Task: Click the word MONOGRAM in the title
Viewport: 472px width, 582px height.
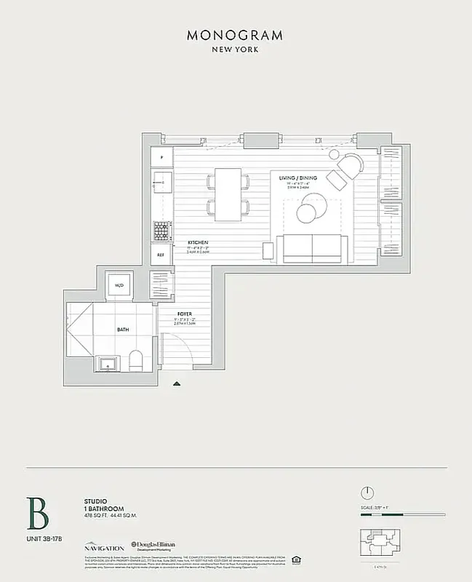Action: click(236, 35)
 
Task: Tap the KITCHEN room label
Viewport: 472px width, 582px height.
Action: click(198, 242)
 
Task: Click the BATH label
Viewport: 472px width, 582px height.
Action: click(123, 330)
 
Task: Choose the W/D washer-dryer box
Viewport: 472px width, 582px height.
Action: click(119, 286)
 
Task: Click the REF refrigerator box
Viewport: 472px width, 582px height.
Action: click(161, 255)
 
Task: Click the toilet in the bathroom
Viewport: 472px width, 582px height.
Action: click(135, 359)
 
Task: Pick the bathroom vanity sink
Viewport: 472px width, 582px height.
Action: click(108, 361)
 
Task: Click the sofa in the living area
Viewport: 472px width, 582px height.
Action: click(313, 249)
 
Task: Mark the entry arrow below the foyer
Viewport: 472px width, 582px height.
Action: click(175, 383)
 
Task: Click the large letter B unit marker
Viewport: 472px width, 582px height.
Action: click(38, 514)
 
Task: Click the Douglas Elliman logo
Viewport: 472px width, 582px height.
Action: click(156, 546)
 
